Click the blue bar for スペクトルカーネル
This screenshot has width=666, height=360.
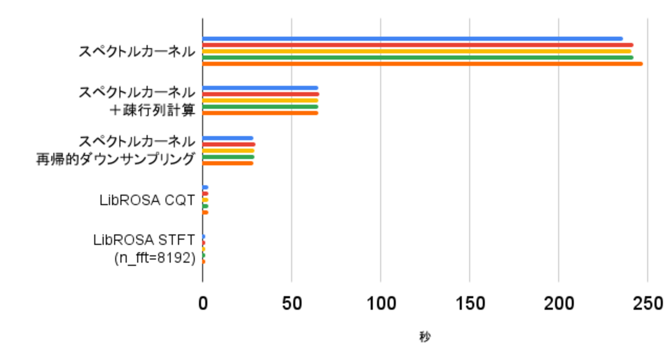pos(412,38)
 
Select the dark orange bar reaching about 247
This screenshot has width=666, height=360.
pos(422,64)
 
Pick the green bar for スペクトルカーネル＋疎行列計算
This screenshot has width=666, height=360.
pos(260,107)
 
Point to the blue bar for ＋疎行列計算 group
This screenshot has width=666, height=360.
pos(260,88)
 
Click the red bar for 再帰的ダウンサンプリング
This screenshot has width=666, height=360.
pos(228,144)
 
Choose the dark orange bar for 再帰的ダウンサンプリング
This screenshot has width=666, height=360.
pos(228,163)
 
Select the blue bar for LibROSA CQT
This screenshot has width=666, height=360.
pos(205,187)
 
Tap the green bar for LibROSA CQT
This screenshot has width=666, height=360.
pos(205,206)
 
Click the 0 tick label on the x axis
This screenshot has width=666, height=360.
pos(203,304)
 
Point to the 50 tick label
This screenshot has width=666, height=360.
pos(292,304)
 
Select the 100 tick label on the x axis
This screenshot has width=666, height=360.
pos(381,304)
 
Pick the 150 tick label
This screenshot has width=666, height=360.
pos(470,304)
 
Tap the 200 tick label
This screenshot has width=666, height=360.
pos(559,304)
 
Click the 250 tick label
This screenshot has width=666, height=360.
pos(648,304)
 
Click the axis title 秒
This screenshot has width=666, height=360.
pos(425,337)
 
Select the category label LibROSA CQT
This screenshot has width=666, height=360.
pos(147,201)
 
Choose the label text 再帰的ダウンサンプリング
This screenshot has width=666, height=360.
pos(116,159)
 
